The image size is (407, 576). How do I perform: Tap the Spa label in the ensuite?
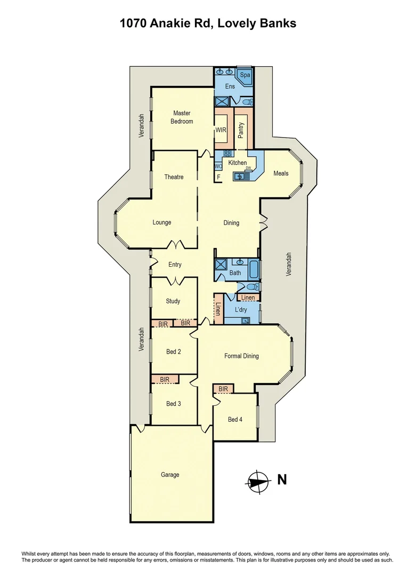(245, 75)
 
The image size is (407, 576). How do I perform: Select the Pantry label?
(241, 130)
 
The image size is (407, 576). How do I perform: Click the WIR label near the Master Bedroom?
(221, 130)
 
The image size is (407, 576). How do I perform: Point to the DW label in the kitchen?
(248, 168)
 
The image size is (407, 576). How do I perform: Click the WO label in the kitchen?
(218, 166)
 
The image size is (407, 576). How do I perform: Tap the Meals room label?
(281, 173)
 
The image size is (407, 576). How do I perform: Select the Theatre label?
(174, 177)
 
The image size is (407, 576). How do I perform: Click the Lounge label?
(161, 222)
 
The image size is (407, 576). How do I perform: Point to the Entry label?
(175, 265)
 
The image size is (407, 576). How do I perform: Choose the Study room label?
(173, 301)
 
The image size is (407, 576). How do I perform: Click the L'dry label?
(239, 309)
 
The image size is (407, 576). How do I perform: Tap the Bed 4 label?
(235, 420)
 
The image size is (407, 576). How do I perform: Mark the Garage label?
(170, 475)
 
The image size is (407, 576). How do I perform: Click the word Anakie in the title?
(181, 23)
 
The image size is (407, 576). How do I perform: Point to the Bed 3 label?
(173, 404)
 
